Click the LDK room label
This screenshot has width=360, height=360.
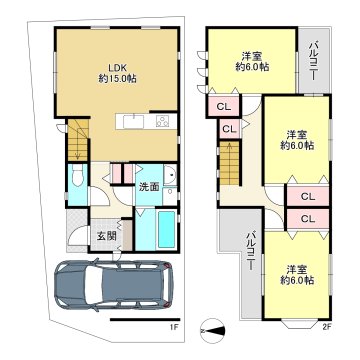pyautogui.click(x=117, y=68)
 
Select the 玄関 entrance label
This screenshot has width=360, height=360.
pyautogui.click(x=107, y=236)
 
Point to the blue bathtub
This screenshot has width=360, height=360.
pyautogui.click(x=167, y=230)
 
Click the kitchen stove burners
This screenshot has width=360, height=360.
pyautogui.click(x=163, y=121)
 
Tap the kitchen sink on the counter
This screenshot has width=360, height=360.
pyautogui.click(x=133, y=121)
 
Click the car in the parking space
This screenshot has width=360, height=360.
pyautogui.click(x=114, y=285)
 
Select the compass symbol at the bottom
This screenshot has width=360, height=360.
pyautogui.click(x=212, y=331)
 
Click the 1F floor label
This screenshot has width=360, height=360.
pyautogui.click(x=174, y=327)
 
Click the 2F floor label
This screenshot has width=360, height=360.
pyautogui.click(x=326, y=327)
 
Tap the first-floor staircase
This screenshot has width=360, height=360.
pyautogui.click(x=78, y=140)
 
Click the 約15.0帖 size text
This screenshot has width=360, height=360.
pyautogui.click(x=117, y=79)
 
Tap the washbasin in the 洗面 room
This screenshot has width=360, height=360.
pyautogui.click(x=170, y=174)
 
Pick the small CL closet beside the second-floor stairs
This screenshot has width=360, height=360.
pyautogui.click(x=229, y=129)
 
